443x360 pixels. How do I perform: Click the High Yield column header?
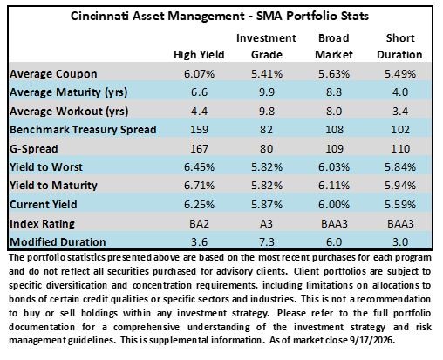[199, 55]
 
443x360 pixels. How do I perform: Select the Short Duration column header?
[400, 46]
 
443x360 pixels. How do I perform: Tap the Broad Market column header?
[334, 46]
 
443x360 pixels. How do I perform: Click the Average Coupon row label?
[53, 74]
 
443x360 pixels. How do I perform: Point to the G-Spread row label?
[34, 149]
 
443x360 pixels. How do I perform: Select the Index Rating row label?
[42, 224]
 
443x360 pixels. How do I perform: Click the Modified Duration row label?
[58, 242]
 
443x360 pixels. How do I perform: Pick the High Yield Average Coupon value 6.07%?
[199, 74]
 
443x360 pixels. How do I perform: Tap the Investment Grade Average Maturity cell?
[267, 92]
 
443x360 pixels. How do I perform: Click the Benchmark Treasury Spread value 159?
[199, 130]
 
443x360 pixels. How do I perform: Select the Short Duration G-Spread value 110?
[400, 149]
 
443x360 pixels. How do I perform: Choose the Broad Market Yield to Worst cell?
[334, 167]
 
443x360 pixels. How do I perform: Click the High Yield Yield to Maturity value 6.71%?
[199, 186]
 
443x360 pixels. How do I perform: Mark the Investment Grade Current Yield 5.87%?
[267, 205]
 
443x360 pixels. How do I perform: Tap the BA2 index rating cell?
[199, 224]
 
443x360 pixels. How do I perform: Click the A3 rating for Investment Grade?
[267, 224]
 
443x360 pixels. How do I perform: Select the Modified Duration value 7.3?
[267, 242]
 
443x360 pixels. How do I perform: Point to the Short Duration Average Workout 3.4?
[400, 112]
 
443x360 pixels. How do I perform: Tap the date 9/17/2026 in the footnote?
[372, 340]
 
